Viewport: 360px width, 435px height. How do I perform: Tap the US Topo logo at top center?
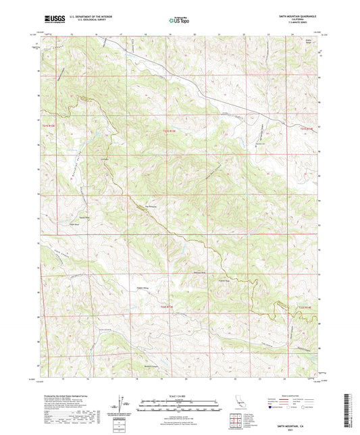click(178, 21)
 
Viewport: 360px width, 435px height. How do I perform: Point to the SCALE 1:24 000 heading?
click(180, 396)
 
